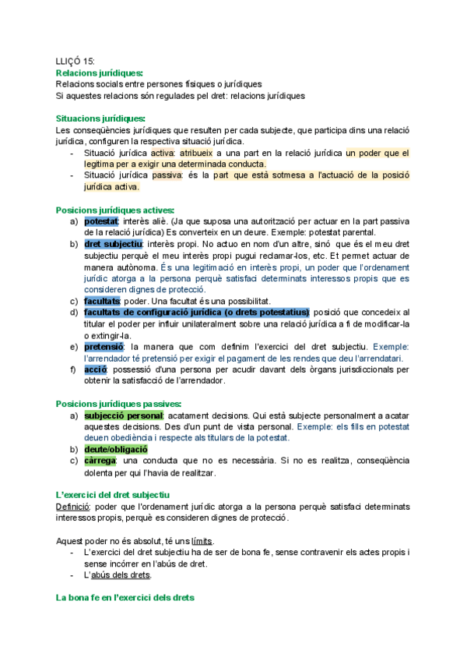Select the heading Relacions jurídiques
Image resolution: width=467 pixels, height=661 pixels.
point(100,72)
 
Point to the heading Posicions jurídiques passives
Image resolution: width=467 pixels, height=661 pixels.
point(118,404)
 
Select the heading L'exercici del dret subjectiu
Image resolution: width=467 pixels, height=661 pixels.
point(114,495)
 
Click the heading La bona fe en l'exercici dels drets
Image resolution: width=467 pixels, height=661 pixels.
point(125,598)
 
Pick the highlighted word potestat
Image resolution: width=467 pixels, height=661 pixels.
point(102,221)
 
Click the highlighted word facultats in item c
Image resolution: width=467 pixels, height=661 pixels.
point(103,301)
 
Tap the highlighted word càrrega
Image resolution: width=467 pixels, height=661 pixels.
point(101,461)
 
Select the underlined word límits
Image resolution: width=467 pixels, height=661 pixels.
point(205,541)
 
